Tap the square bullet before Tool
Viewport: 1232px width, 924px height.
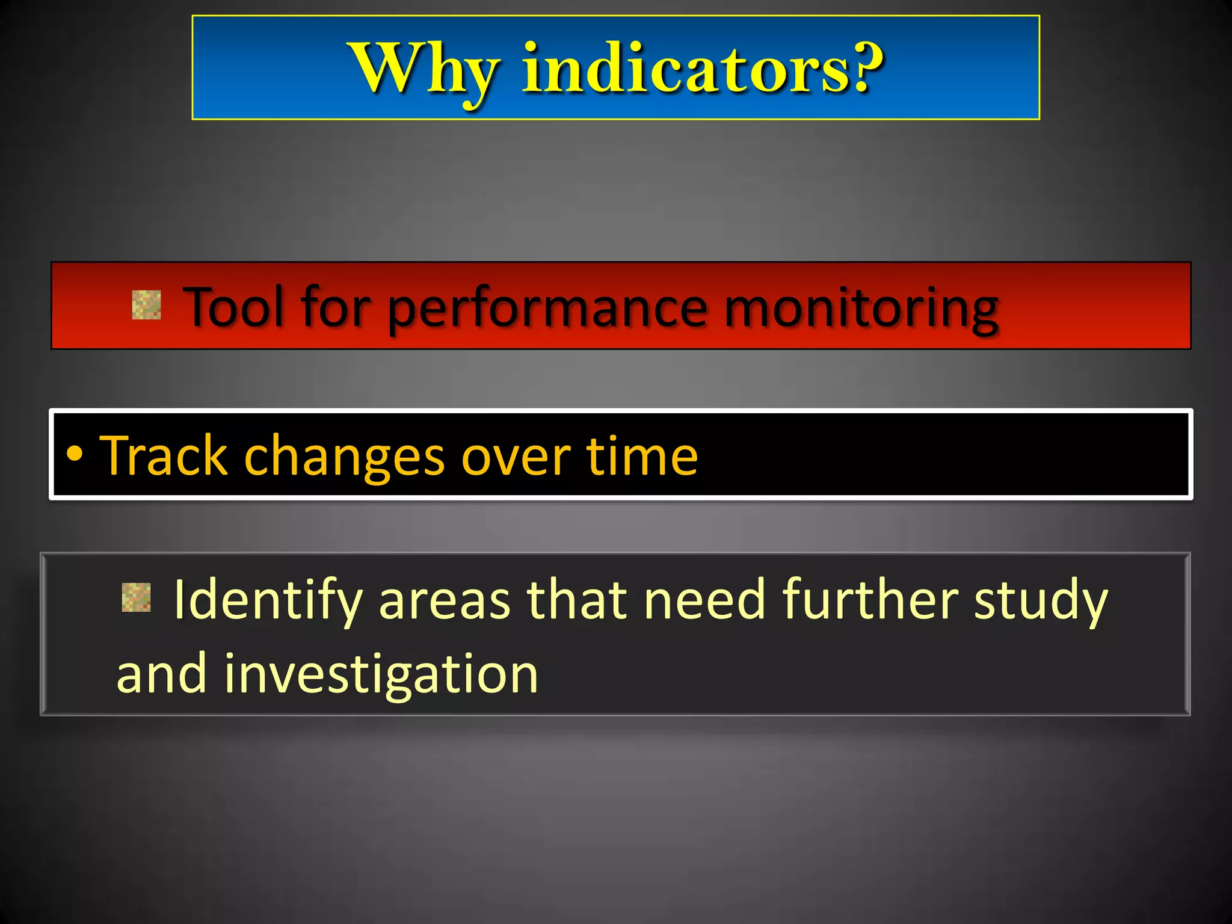(x=146, y=304)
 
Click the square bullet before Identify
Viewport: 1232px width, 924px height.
(x=136, y=597)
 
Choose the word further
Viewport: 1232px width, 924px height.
(x=870, y=600)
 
